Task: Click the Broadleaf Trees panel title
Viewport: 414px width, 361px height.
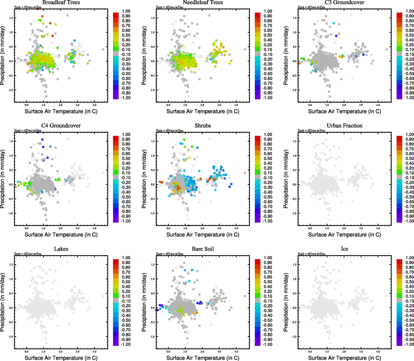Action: pyautogui.click(x=61, y=2)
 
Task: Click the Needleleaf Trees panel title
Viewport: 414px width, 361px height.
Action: pyautogui.click(x=203, y=2)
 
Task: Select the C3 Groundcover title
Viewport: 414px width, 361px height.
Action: pyautogui.click(x=344, y=2)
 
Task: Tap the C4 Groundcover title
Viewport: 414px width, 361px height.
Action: pyautogui.click(x=61, y=126)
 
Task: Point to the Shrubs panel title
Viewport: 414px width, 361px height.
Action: pyautogui.click(x=203, y=126)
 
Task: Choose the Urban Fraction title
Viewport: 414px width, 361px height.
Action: pyautogui.click(x=344, y=126)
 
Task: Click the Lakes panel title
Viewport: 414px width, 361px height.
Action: pyautogui.click(x=61, y=249)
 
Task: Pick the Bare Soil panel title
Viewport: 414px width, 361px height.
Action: pyautogui.click(x=203, y=249)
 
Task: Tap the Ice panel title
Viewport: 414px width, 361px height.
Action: pyautogui.click(x=344, y=249)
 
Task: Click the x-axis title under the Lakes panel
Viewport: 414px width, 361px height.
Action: pyautogui.click(x=61, y=358)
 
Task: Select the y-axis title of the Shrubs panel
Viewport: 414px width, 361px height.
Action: pyautogui.click(x=144, y=179)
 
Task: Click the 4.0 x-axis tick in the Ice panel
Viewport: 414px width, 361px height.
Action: pyautogui.click(x=378, y=351)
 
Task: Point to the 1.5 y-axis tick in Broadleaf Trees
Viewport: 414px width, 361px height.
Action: pyautogui.click(x=11, y=18)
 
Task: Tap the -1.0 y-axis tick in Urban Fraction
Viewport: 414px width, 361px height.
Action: pyautogui.click(x=294, y=213)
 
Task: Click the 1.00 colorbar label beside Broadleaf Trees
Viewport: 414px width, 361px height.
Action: pyautogui.click(x=126, y=11)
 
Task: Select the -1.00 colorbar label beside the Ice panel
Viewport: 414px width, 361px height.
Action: pyautogui.click(x=409, y=344)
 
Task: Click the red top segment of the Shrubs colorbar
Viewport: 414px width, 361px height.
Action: pyautogui.click(x=258, y=138)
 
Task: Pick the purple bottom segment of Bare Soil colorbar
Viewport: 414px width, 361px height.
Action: pyautogui.click(x=258, y=343)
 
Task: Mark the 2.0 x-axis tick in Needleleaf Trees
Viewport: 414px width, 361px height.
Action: pyautogui.click(x=202, y=105)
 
